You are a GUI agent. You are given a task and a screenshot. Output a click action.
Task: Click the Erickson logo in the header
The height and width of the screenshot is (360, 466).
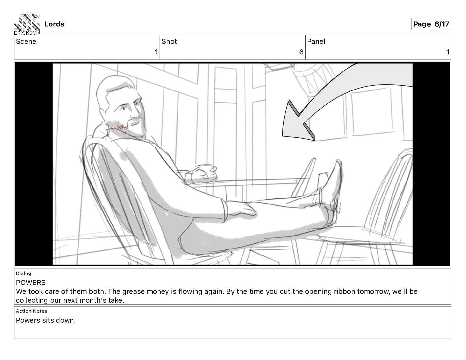27,24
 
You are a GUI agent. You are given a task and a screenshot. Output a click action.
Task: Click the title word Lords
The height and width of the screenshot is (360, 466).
54,24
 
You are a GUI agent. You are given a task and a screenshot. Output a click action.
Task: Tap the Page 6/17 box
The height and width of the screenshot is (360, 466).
431,24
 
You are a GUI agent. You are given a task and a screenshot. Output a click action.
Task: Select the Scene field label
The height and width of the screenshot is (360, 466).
26,41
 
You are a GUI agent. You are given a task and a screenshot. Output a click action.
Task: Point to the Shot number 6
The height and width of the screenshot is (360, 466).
301,52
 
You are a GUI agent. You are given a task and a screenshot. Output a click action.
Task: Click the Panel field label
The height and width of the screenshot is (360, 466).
316,41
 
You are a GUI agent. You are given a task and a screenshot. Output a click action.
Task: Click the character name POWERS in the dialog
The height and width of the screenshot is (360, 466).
31,283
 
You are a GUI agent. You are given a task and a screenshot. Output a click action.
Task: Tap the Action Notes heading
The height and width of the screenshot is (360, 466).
31,311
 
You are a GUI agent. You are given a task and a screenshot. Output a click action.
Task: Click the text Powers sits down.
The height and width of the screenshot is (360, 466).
46,320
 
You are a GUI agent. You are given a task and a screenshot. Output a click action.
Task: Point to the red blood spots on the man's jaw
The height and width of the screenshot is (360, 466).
121,127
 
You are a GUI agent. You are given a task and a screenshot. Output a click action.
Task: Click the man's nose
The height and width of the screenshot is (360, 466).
137,115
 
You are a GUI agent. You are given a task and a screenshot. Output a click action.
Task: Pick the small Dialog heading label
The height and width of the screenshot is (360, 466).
23,273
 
